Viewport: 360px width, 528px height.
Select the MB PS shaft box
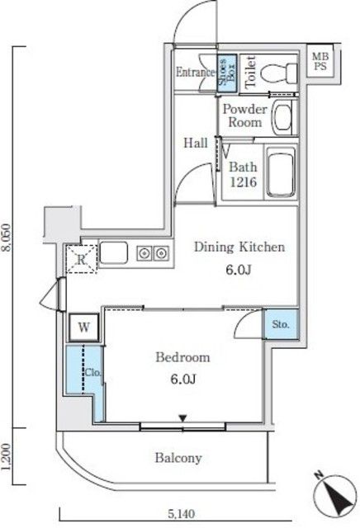pos(320,61)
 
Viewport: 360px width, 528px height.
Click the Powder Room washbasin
pos(282,117)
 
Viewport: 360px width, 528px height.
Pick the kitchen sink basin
pos(114,252)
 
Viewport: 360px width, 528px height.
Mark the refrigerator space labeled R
pos(81,258)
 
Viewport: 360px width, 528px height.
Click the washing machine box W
pos(84,327)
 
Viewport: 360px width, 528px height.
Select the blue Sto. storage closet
pos(281,324)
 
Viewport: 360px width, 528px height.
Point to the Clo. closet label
pos(92,373)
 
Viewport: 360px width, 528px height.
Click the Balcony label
pos(178,458)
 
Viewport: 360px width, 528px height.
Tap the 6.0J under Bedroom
pos(182,379)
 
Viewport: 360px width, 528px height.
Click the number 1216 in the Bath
pos(244,182)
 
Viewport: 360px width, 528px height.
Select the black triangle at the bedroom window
pos(182,418)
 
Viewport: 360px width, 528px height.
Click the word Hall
pos(195,143)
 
